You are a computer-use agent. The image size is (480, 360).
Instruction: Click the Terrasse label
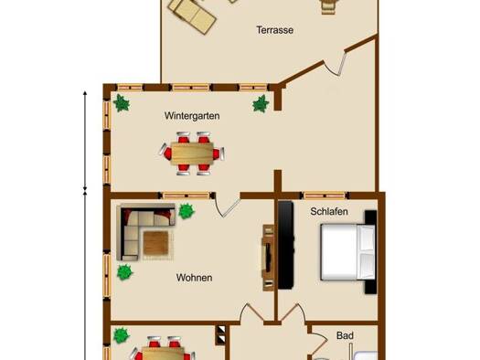pyautogui.click(x=274, y=30)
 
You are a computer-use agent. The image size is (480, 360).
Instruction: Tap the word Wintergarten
pyautogui.click(x=192, y=116)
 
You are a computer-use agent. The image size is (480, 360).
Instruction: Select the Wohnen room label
pyautogui.click(x=194, y=278)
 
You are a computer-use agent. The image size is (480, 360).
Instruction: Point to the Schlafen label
pyautogui.click(x=329, y=211)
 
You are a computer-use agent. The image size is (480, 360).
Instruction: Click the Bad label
pyautogui.click(x=345, y=335)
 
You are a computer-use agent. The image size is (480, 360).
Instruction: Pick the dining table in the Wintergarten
pyautogui.click(x=192, y=154)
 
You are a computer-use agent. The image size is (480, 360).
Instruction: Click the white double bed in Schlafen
pyautogui.click(x=347, y=252)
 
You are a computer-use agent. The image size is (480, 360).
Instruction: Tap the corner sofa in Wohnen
pyautogui.click(x=145, y=231)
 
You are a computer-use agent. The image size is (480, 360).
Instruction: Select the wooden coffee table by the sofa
pyautogui.click(x=155, y=243)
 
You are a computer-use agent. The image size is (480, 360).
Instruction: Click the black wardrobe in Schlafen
pyautogui.click(x=285, y=245)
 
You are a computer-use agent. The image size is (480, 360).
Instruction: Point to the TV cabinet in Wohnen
pyautogui.click(x=268, y=258)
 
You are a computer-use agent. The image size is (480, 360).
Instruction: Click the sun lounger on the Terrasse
pyautogui.click(x=194, y=16)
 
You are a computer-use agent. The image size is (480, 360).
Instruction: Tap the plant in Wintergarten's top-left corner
pyautogui.click(x=122, y=102)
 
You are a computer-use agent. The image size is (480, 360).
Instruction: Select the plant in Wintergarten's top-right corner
pyautogui.click(x=261, y=103)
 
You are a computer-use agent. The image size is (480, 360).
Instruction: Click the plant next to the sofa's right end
pyautogui.click(x=187, y=211)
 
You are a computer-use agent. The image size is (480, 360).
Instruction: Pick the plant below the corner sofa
pyautogui.click(x=124, y=272)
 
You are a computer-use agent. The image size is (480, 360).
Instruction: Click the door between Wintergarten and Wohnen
pyautogui.click(x=227, y=206)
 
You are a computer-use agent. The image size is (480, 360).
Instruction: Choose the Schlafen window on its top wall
pyautogui.click(x=325, y=196)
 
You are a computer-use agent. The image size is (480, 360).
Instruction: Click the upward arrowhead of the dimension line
pyautogui.click(x=85, y=92)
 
